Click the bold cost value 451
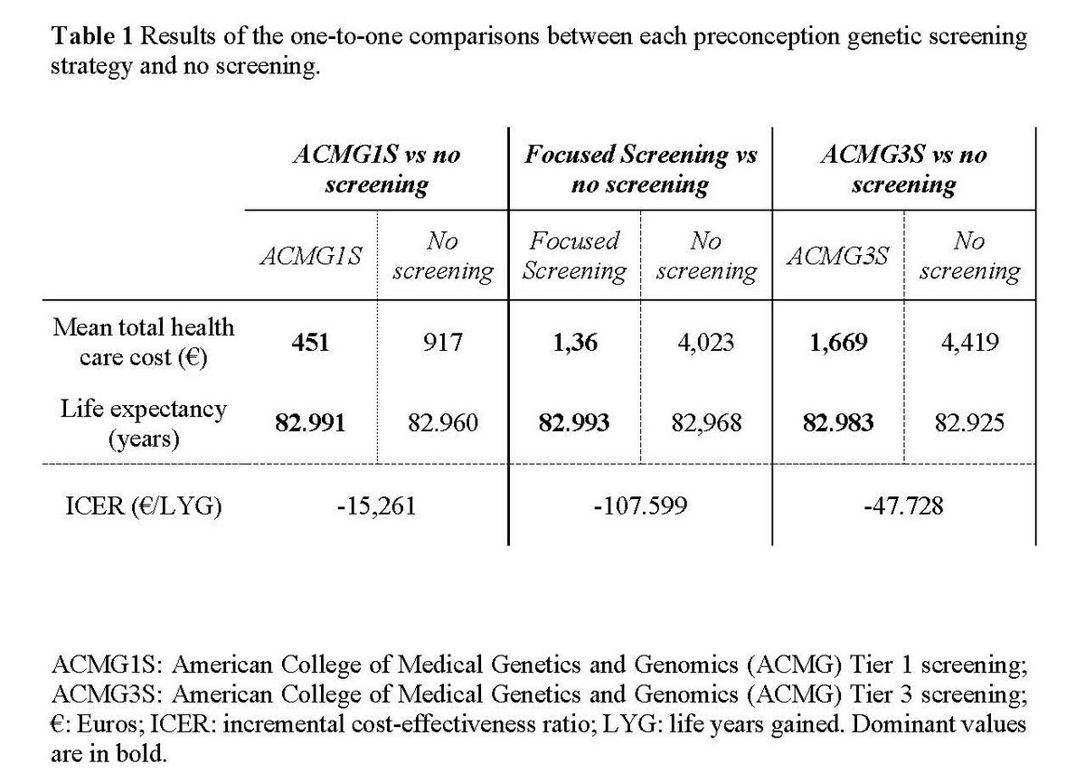tap(310, 344)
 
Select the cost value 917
tap(443, 344)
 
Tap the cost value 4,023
tap(706, 344)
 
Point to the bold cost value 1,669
tap(838, 344)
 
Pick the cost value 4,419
tap(969, 344)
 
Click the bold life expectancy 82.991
tap(310, 423)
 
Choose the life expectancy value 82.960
tap(443, 423)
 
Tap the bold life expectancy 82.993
tap(574, 423)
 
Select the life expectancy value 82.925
tap(969, 423)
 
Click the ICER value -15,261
tap(377, 505)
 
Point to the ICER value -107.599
tap(640, 505)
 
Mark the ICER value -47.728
tap(903, 505)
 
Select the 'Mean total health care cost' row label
tap(143, 342)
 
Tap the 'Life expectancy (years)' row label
tap(143, 423)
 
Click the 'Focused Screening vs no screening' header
tap(640, 170)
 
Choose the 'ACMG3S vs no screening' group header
tap(903, 170)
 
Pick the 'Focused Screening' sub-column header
tap(574, 256)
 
